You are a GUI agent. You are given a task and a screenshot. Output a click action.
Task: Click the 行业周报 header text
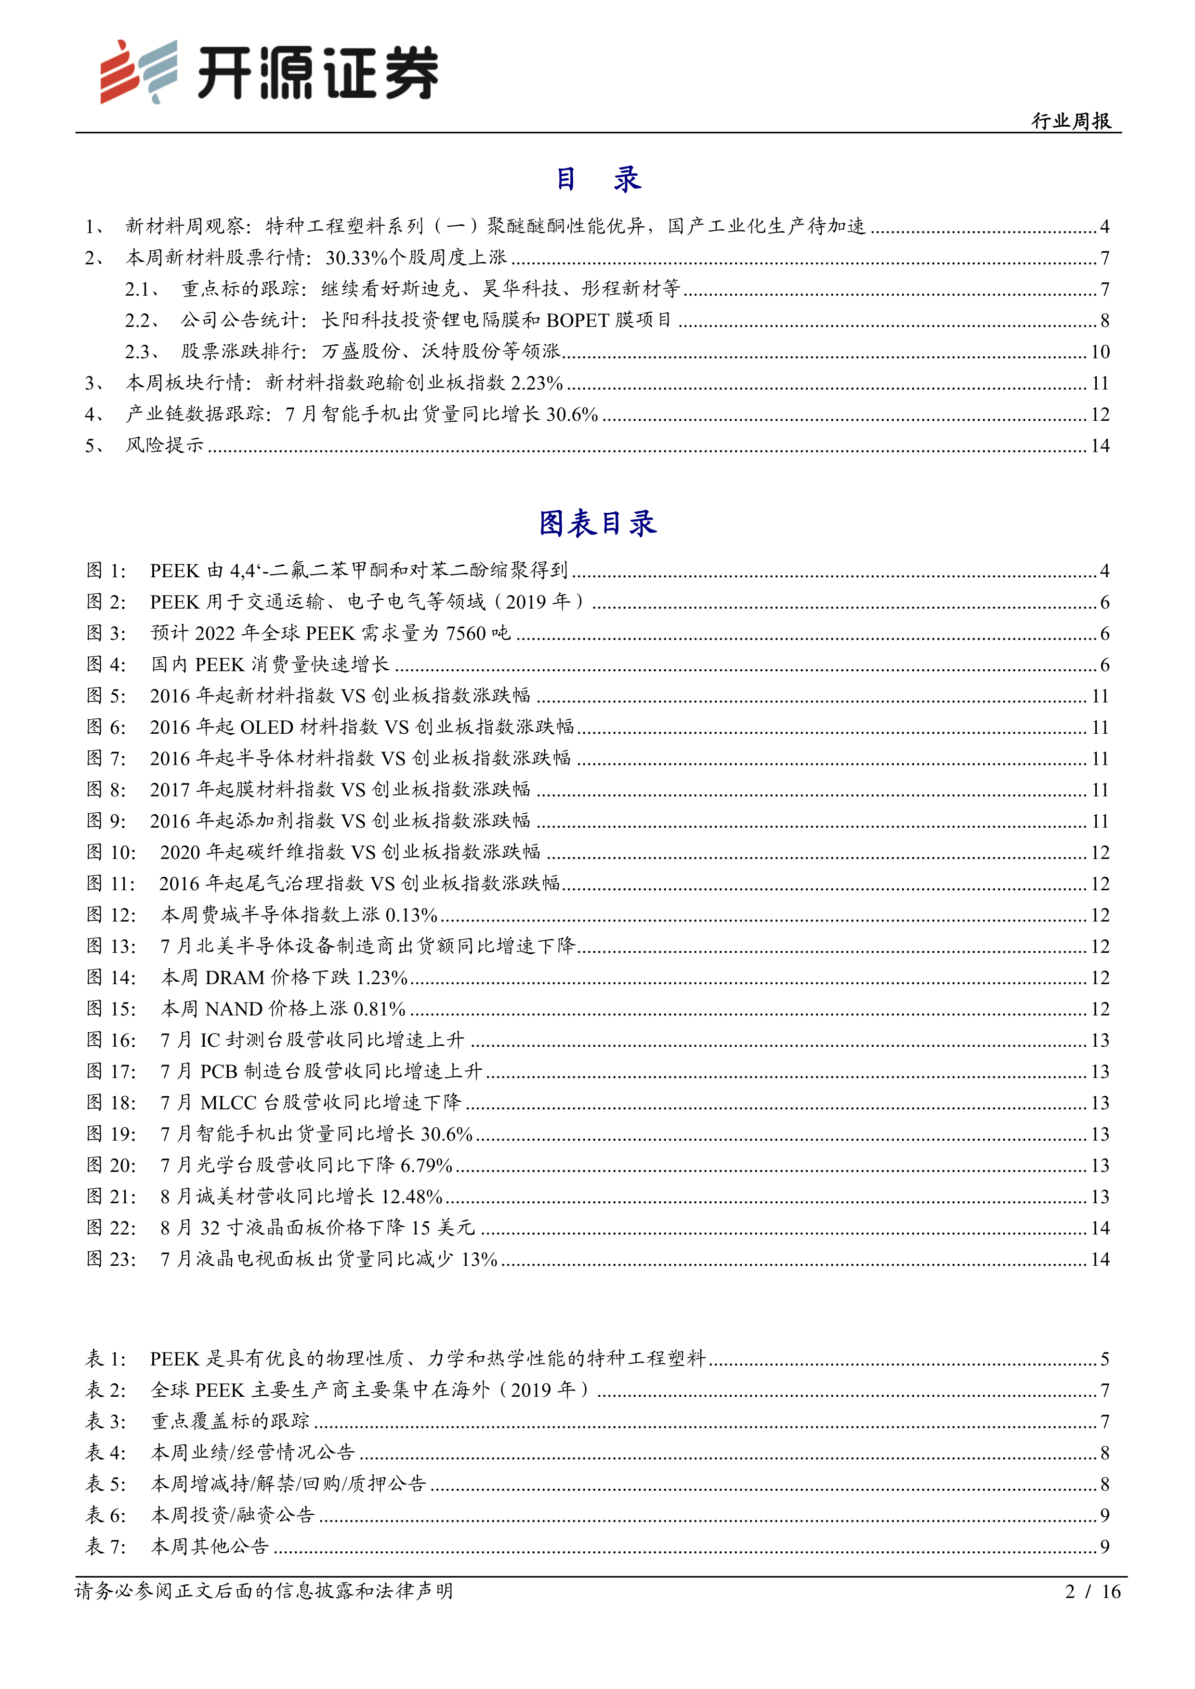[1071, 121]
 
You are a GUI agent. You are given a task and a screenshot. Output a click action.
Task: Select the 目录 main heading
[597, 179]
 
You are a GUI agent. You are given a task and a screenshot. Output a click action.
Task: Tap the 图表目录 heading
[597, 523]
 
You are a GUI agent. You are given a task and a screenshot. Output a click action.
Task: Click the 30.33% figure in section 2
[356, 258]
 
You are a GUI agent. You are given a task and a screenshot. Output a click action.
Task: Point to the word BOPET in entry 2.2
[578, 320]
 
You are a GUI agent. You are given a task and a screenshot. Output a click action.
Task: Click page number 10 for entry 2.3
[1099, 351]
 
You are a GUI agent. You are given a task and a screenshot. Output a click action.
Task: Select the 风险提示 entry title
[164, 445]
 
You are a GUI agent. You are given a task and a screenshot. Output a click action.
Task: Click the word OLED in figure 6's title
[266, 727]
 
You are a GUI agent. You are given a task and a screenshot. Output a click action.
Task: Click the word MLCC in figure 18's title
[228, 1102]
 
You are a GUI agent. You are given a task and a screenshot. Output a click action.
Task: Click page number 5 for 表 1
[1104, 1359]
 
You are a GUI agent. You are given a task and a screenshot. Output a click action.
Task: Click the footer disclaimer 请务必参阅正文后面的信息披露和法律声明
[263, 1591]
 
